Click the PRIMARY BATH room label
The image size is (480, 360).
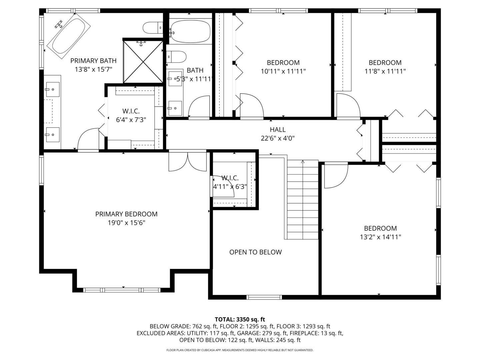coord(93,61)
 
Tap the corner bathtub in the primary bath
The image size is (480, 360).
coord(69,36)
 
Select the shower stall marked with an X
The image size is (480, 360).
coord(143,62)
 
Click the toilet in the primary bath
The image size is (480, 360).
coord(153,28)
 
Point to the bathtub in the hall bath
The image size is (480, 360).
coord(190,31)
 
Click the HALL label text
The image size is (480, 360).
coord(278,130)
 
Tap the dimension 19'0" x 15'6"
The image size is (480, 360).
coord(126,223)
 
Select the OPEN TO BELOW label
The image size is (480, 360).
coord(255,252)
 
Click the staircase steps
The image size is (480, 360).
coord(303,200)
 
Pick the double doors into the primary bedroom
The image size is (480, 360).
coord(188,161)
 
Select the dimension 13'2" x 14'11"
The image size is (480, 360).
coord(380,237)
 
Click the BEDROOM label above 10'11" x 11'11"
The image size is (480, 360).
coord(283,63)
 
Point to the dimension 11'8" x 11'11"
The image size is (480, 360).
coord(385,71)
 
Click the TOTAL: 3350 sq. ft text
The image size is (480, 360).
coord(240,319)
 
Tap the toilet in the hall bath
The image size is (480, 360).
coord(176,57)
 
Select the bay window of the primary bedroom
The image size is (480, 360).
coord(122,290)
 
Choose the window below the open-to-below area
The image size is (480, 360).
coord(264,297)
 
